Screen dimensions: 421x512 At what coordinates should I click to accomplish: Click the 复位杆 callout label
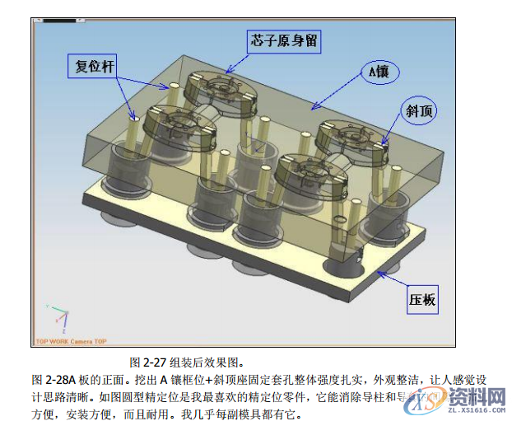[x=90, y=68]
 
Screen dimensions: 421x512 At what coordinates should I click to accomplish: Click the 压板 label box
[x=421, y=301]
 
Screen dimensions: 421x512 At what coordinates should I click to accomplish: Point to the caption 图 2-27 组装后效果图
[x=187, y=362]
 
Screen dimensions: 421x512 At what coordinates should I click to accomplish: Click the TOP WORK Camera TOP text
[x=71, y=340]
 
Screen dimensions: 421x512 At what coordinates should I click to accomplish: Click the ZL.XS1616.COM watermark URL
[x=476, y=408]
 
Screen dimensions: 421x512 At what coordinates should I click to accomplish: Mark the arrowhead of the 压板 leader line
[x=375, y=269]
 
